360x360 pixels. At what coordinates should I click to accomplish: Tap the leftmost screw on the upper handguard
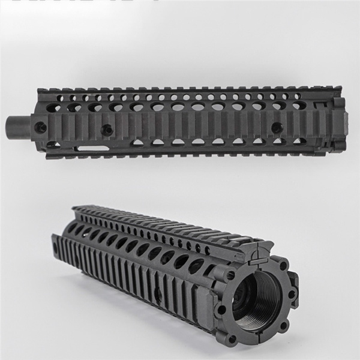41,127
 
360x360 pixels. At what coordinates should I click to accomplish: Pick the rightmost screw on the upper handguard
277,127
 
